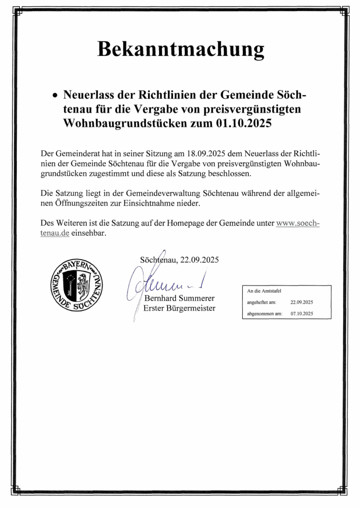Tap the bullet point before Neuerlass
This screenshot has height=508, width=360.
click(54, 97)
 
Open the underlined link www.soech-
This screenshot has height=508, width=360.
click(297, 223)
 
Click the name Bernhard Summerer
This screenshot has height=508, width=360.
click(179, 298)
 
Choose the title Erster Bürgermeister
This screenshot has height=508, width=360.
click(179, 308)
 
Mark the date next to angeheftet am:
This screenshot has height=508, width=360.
click(302, 302)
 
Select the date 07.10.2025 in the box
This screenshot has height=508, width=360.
click(302, 314)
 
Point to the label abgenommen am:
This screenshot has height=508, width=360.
click(264, 314)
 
